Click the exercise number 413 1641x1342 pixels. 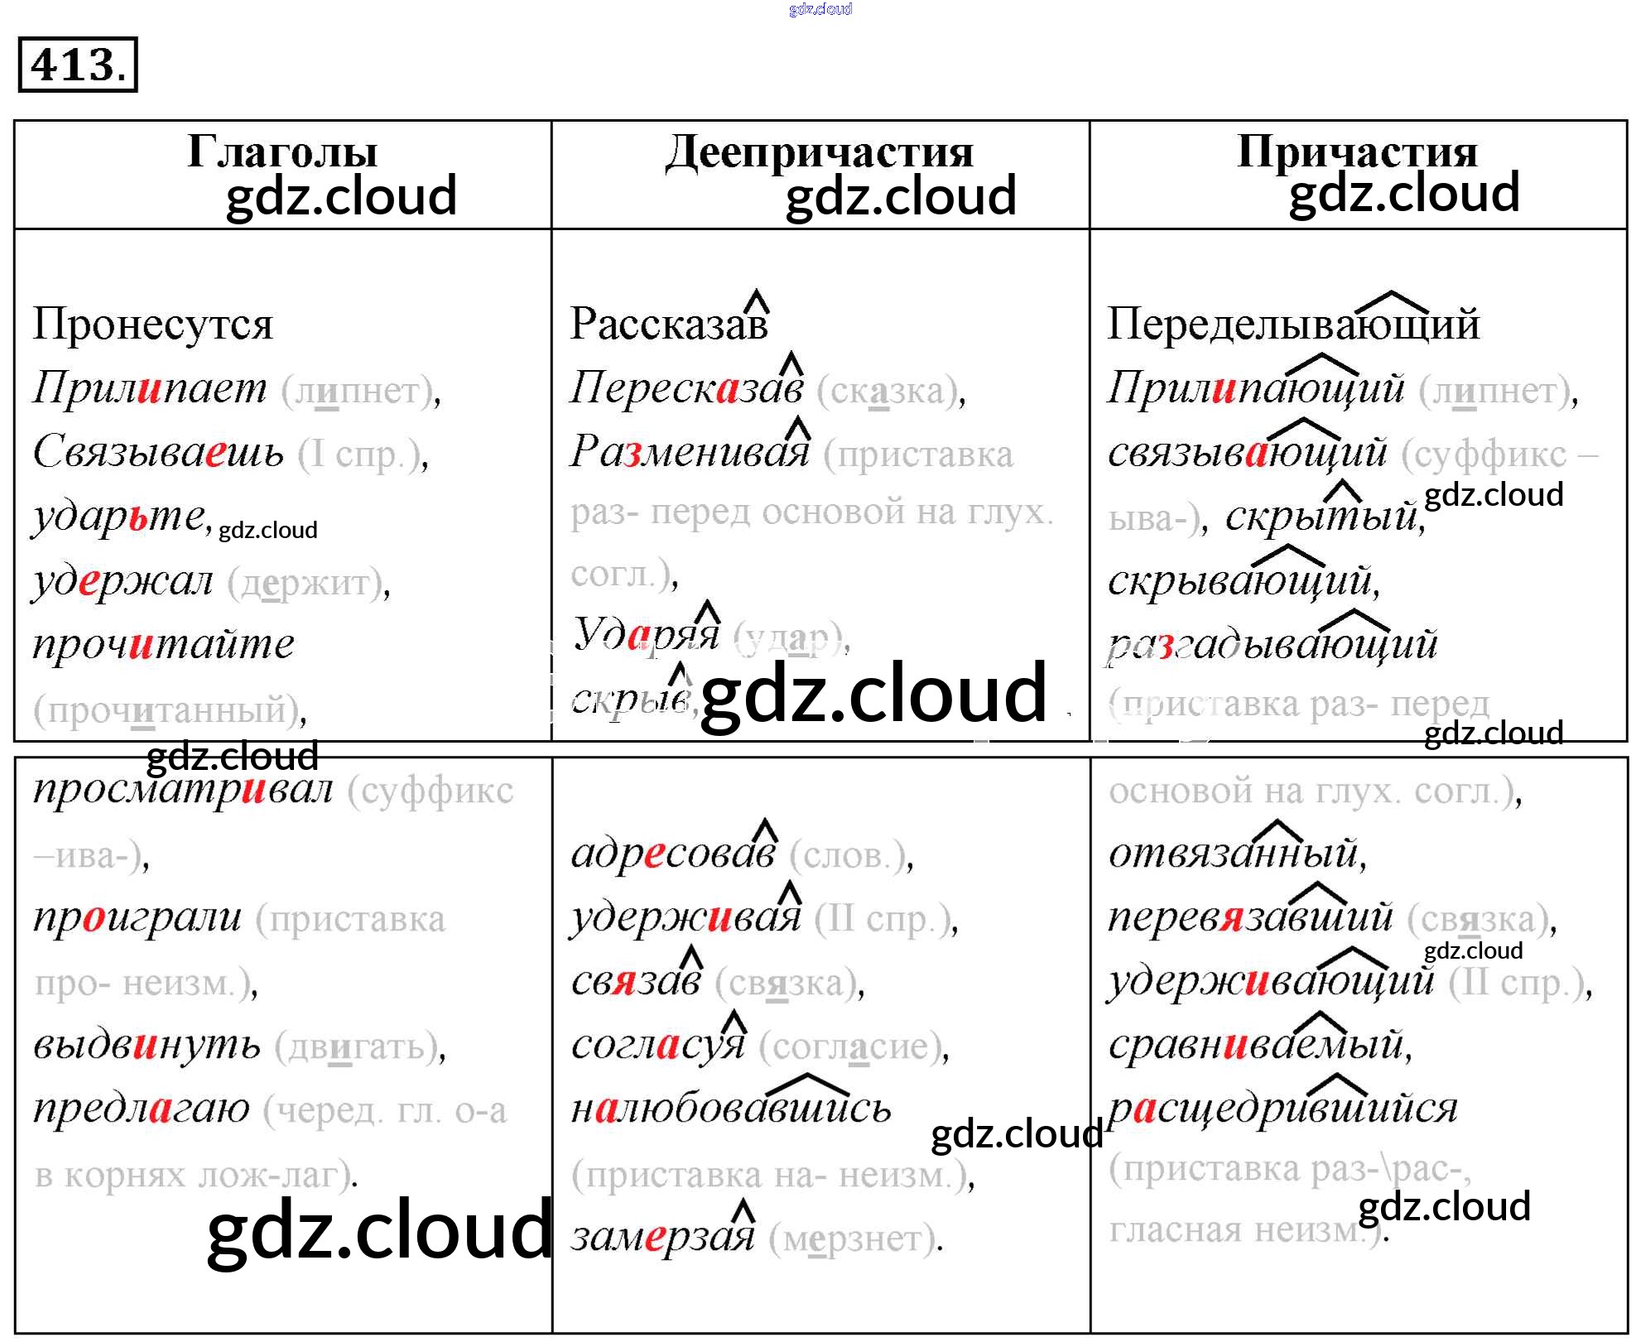coord(77,65)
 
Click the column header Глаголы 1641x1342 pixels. coord(282,152)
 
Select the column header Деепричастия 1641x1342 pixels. coord(820,152)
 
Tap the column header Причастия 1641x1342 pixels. coord(1357,152)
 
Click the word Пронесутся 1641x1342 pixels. coord(153,324)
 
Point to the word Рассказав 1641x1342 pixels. coord(669,324)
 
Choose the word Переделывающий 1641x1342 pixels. coord(1293,324)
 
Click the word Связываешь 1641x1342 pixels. coord(158,452)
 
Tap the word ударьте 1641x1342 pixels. coord(119,517)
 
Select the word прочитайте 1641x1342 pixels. coord(163,644)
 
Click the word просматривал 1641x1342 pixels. coord(183,790)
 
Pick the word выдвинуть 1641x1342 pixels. coord(147,1045)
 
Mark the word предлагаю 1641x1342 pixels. coord(142,1109)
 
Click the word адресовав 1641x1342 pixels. coord(673,854)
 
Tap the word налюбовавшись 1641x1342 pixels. coord(731,1109)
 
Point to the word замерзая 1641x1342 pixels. coord(662,1237)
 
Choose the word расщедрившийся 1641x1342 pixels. coord(1282,1109)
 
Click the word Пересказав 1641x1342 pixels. coord(686,387)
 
